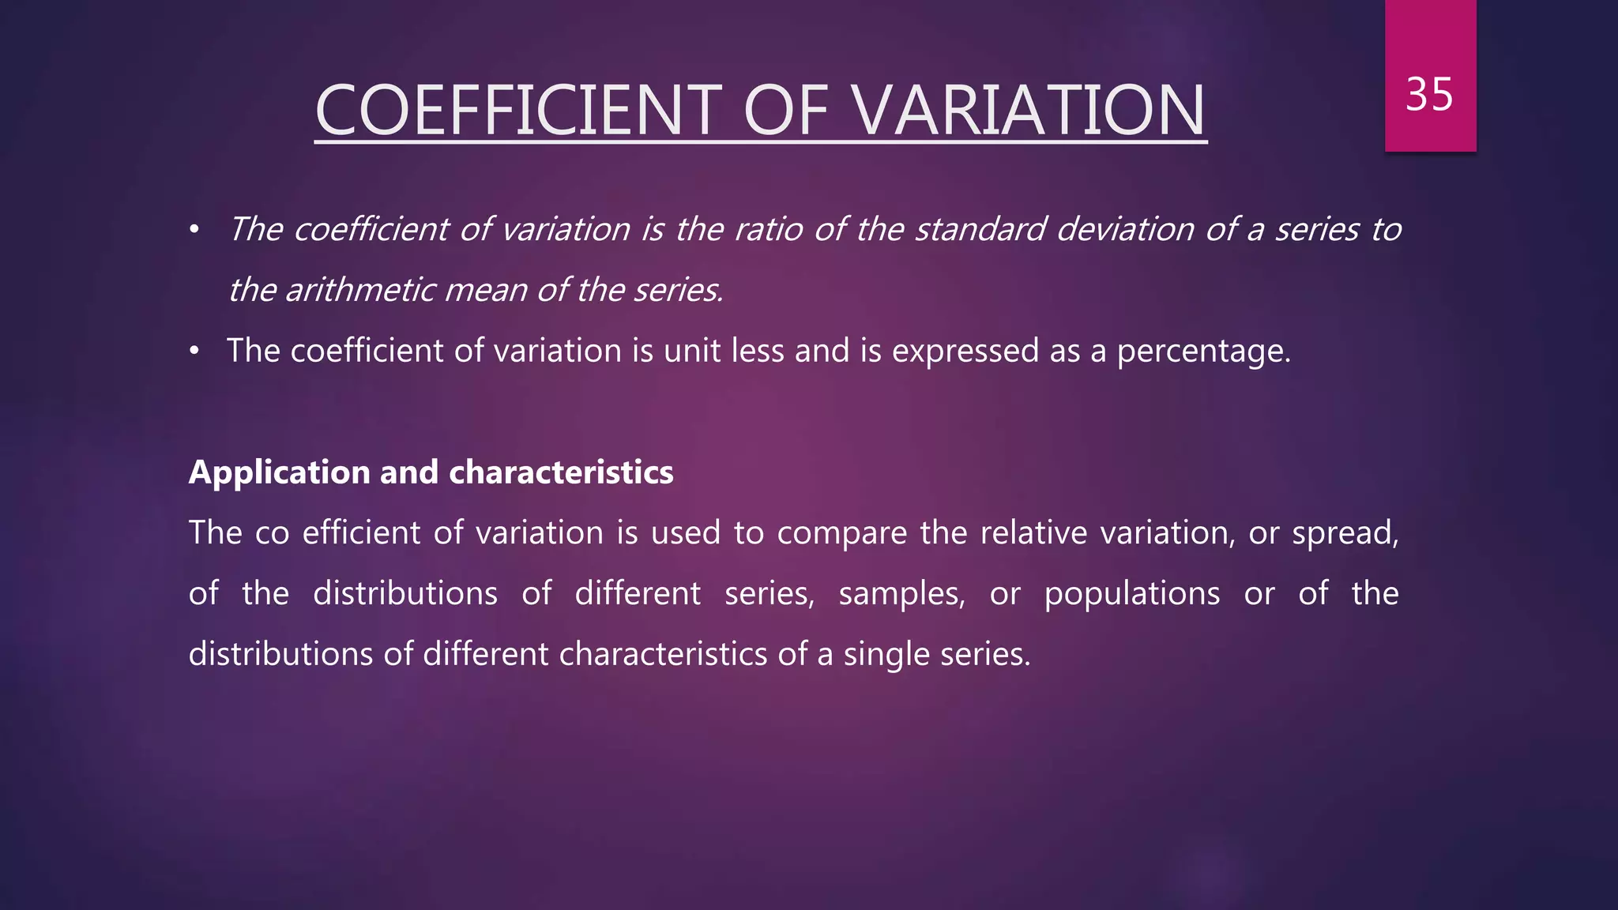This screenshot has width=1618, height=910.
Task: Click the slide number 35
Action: click(x=1429, y=95)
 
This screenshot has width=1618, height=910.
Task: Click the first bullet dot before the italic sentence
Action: click(x=194, y=231)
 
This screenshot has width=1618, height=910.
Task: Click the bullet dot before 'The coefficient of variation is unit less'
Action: click(x=194, y=352)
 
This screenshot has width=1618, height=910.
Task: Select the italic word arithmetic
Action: click(x=360, y=290)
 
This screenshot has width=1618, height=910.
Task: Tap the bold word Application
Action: click(x=280, y=473)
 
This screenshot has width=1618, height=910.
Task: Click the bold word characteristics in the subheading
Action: click(x=561, y=472)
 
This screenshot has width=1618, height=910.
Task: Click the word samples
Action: click(x=901, y=594)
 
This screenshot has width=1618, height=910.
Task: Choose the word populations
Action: click(x=1131, y=594)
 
